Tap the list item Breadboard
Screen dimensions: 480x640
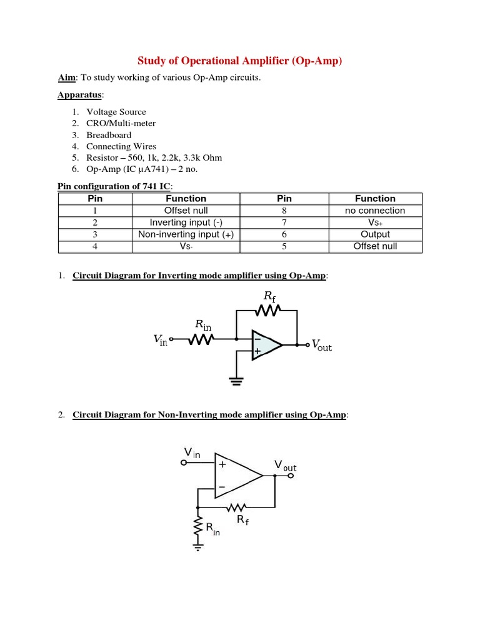(x=109, y=135)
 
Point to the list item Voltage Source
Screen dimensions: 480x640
(x=116, y=112)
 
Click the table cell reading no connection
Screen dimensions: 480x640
(x=375, y=211)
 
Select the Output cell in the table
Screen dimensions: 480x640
(x=375, y=234)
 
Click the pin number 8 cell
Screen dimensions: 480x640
(x=284, y=211)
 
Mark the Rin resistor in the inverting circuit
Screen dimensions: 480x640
(x=202, y=339)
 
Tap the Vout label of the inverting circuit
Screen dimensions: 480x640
(x=321, y=346)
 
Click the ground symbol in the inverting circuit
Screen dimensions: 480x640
(x=236, y=381)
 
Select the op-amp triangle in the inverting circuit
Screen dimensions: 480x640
(x=265, y=344)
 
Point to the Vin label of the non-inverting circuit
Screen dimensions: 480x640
(x=191, y=452)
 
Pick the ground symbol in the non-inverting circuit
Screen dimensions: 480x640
(x=198, y=547)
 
